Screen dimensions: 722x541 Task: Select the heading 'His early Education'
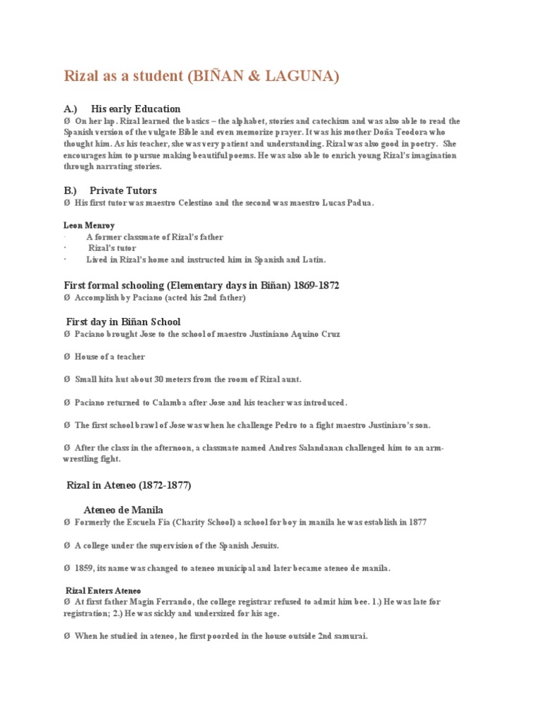pyautogui.click(x=136, y=109)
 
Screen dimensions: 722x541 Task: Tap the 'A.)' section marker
pyautogui.click(x=70, y=109)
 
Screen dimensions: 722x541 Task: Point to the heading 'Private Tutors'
pyautogui.click(x=123, y=190)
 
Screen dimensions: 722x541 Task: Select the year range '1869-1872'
pyautogui.click(x=314, y=285)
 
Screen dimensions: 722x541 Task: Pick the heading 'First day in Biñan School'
pyautogui.click(x=123, y=322)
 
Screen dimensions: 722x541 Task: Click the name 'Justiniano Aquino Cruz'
pyautogui.click(x=292, y=334)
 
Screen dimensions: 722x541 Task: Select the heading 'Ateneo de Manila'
pyautogui.click(x=123, y=509)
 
